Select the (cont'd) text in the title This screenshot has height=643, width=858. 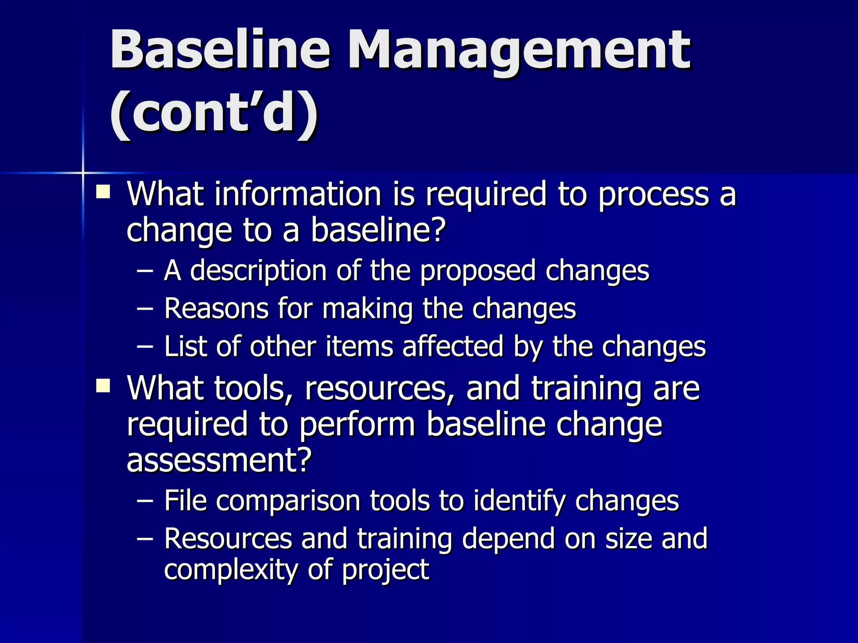click(x=214, y=114)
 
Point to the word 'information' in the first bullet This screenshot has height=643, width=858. click(x=297, y=195)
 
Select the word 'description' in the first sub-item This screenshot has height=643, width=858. click(x=258, y=271)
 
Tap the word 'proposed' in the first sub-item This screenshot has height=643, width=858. click(x=478, y=271)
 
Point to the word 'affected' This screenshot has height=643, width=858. click(x=453, y=347)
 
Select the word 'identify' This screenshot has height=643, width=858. click(x=519, y=502)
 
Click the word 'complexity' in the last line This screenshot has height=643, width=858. click(x=231, y=570)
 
